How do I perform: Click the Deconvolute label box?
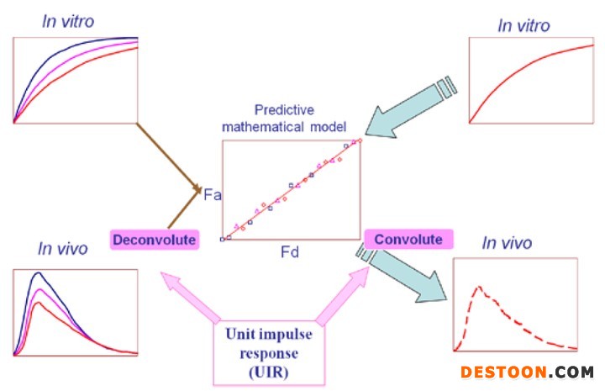155,240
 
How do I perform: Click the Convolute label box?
408,239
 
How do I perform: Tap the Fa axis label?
213,195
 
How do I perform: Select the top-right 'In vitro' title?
523,26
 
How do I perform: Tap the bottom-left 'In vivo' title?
63,248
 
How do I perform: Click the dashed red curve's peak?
479,288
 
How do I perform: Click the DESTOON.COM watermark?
527,371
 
